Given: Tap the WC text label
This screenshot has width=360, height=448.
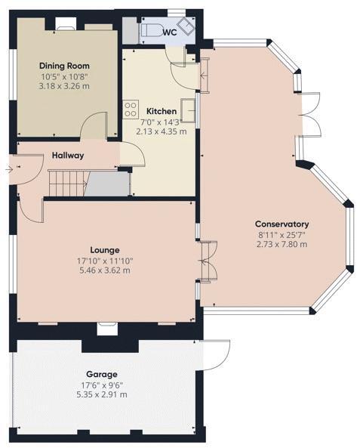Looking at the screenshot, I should click(x=170, y=32).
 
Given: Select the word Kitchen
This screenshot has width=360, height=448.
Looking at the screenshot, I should click(x=161, y=111).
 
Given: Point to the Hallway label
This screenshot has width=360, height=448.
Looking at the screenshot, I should click(x=68, y=156).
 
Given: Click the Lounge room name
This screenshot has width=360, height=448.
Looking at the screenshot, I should click(x=105, y=249).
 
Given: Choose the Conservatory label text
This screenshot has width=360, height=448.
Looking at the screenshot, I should click(x=282, y=224).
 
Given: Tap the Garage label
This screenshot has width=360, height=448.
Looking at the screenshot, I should click(x=101, y=375).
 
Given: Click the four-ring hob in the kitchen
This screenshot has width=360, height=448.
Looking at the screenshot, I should click(x=131, y=107).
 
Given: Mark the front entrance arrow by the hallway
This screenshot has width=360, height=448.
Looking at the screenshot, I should click(x=8, y=170).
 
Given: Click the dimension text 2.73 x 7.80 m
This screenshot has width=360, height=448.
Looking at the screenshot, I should click(x=282, y=244).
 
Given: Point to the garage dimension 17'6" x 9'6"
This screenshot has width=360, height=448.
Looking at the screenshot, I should click(x=101, y=385).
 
